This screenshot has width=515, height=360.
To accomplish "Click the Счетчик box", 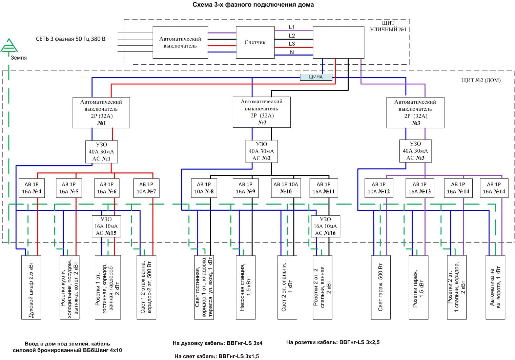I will pos(255,42).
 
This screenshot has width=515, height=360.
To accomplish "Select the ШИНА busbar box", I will pos(316,77).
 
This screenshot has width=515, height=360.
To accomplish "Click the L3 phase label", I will pos(292,44).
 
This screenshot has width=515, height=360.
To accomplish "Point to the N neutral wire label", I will pos(292,52).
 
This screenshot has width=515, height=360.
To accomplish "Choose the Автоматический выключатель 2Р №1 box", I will pos(101,112).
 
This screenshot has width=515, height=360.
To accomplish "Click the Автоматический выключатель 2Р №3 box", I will pos(415,112).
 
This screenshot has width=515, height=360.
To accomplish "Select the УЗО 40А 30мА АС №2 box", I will pos(261,151).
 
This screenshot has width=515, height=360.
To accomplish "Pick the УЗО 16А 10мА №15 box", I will pos(106,226).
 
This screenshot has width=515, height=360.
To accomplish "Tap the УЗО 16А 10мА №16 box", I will pos(325,226).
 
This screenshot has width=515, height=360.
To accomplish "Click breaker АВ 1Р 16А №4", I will pos(32,188).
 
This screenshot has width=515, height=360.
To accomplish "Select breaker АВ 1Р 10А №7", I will pos(146,188).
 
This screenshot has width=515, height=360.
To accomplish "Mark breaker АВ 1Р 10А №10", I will pos(286,188).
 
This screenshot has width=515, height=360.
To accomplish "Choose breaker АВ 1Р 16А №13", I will pos(419,188).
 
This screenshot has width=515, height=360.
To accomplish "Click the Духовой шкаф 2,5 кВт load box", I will pos(31,287).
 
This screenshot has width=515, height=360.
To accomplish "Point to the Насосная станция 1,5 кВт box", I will pos(246,287).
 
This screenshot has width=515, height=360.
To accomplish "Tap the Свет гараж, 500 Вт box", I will pos(381,287).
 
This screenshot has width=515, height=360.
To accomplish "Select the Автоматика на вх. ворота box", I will pos(495,287).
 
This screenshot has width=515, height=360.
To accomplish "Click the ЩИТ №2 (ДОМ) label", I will pos(480,80).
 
